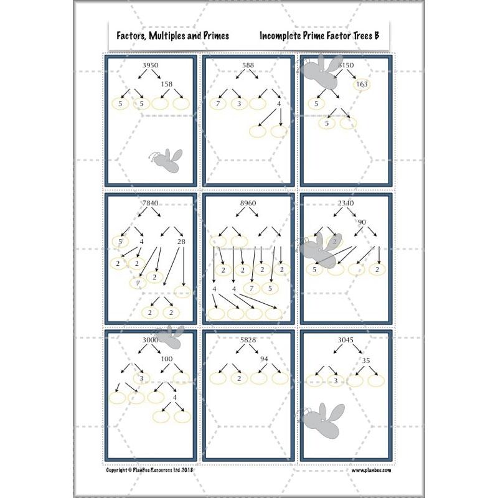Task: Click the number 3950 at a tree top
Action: (x=150, y=65)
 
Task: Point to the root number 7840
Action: (x=151, y=204)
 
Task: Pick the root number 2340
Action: (x=346, y=204)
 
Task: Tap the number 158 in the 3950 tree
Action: (x=166, y=84)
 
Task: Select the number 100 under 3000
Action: (x=166, y=359)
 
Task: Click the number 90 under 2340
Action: (x=362, y=222)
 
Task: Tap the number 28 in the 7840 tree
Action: (x=181, y=242)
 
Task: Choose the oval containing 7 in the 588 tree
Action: (x=217, y=103)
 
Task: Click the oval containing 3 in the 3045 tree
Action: (x=336, y=380)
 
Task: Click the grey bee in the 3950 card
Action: (x=167, y=160)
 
